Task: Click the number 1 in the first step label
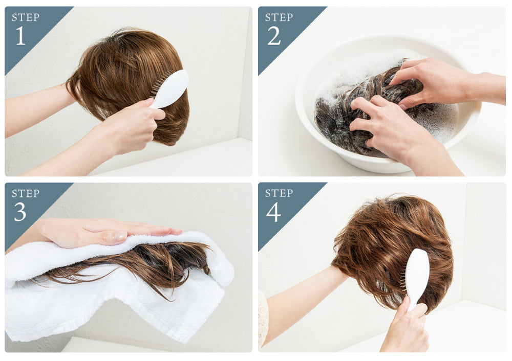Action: tap(20, 36)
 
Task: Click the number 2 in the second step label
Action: tap(274, 36)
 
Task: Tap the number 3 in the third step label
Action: tap(20, 212)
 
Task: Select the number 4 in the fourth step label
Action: tap(273, 212)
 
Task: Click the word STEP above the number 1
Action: tap(26, 18)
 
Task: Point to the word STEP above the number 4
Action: tap(279, 193)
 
